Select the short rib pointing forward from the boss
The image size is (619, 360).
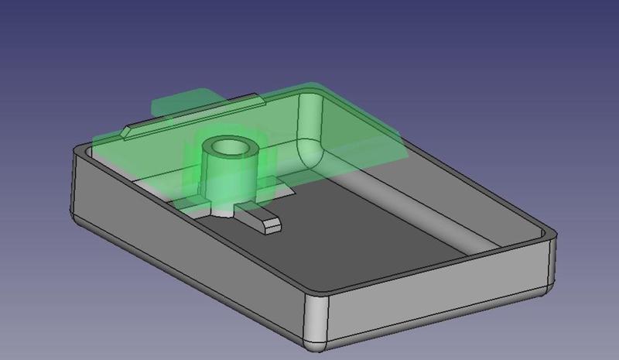[262, 221]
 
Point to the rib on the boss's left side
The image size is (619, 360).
[190, 204]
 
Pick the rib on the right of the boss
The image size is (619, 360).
[271, 185]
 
